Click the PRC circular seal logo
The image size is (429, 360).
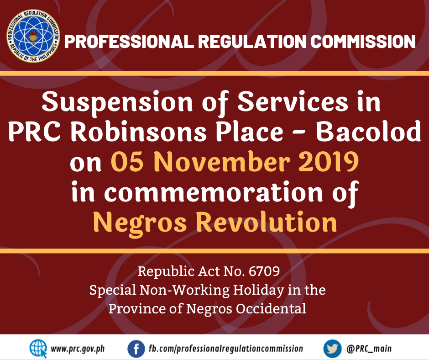[33, 36]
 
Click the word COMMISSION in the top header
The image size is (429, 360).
[363, 42]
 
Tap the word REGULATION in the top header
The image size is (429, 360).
[252, 42]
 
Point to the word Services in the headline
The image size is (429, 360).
[293, 101]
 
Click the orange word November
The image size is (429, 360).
[222, 162]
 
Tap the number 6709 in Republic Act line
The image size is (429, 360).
[264, 271]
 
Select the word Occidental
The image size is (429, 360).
[271, 309]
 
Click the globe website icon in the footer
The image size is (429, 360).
[38, 349]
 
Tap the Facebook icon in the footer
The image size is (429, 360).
[136, 349]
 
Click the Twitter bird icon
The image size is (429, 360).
[332, 349]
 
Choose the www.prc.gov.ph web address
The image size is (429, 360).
[78, 349]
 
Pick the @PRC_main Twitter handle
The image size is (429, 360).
[369, 349]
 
